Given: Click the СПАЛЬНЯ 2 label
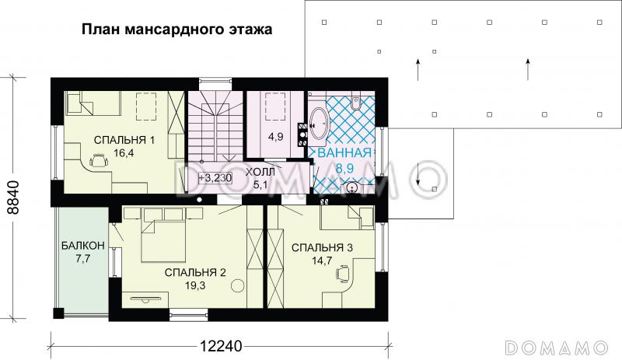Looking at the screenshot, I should click(194, 272).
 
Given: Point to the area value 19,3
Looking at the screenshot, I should click(194, 285).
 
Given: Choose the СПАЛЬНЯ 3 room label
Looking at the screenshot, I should click(322, 248).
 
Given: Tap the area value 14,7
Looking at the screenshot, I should click(322, 261).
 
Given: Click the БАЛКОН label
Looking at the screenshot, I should click(82, 246).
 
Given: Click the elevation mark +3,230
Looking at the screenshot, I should click(214, 177).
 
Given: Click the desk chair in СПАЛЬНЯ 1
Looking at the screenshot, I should click(99, 160).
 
